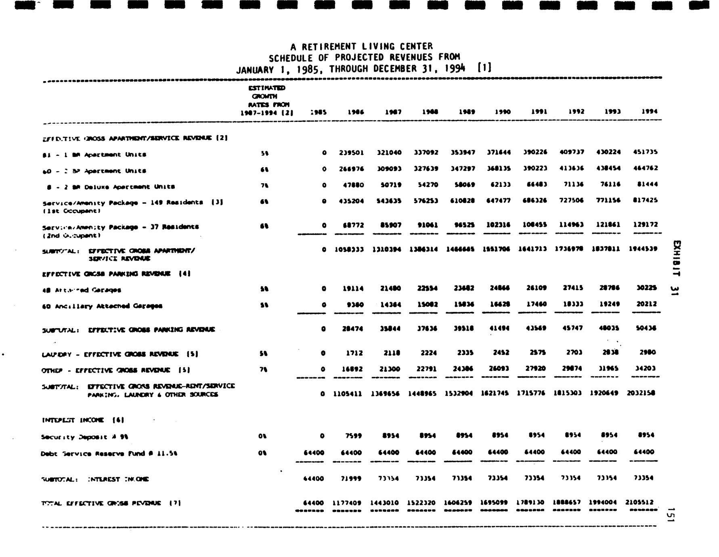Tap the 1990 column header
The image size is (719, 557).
click(x=503, y=112)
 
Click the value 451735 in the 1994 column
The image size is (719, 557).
click(x=646, y=152)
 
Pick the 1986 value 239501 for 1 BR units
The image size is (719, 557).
click(x=351, y=153)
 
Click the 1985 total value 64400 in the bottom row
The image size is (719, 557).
click(x=313, y=503)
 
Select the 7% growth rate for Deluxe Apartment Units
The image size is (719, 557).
click(x=264, y=186)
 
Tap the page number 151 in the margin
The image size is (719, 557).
click(x=671, y=515)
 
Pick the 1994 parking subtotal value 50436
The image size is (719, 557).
click(x=646, y=329)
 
